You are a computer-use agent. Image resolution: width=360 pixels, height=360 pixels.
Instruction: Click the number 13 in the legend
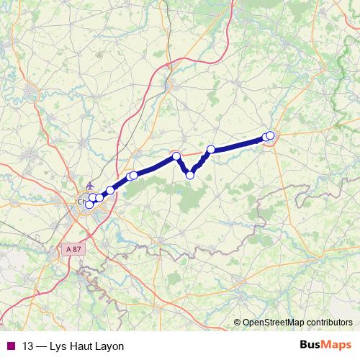(29, 346)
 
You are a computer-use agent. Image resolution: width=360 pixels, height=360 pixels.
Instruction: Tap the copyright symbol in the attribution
(238, 323)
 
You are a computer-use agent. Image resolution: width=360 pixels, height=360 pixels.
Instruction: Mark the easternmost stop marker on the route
(270, 135)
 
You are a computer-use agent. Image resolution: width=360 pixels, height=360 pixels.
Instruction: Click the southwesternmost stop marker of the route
(89, 204)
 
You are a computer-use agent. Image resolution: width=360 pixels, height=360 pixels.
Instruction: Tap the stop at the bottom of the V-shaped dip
(190, 175)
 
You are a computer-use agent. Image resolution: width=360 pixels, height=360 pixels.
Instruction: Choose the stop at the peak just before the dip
(176, 156)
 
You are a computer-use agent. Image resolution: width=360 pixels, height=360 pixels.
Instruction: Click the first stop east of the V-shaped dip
(211, 150)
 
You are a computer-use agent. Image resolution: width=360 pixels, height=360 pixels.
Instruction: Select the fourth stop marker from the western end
(110, 190)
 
